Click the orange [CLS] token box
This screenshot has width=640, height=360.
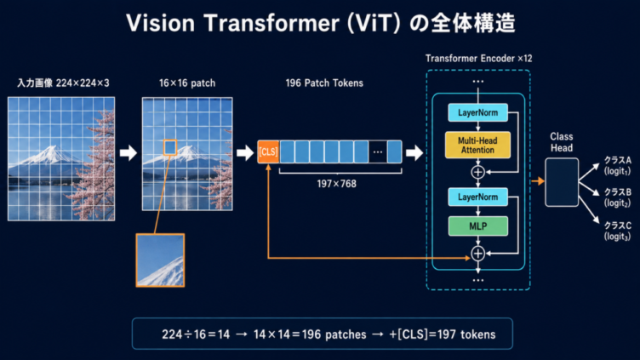[268, 151]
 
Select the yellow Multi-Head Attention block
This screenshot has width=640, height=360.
[477, 145]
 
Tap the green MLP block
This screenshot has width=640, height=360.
[478, 226]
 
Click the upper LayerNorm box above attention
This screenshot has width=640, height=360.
[478, 112]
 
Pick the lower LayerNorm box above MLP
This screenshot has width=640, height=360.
[478, 197]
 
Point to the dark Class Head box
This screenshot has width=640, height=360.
[562, 182]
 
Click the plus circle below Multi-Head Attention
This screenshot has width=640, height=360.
[478, 172]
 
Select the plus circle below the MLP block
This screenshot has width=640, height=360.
[478, 254]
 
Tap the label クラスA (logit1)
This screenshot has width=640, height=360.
[618, 165]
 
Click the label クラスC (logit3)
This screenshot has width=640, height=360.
[618, 231]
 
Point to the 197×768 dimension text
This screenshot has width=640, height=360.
[337, 184]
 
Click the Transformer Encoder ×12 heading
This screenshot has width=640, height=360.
[479, 59]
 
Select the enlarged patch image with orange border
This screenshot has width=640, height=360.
[160, 260]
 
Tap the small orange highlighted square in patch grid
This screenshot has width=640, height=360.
[170, 147]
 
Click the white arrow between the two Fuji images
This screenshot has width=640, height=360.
[129, 152]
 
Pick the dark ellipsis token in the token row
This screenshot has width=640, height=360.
[378, 151]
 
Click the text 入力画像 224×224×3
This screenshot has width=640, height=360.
[63, 83]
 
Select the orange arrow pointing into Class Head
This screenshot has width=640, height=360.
[538, 180]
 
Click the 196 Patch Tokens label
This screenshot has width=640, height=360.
[324, 83]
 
